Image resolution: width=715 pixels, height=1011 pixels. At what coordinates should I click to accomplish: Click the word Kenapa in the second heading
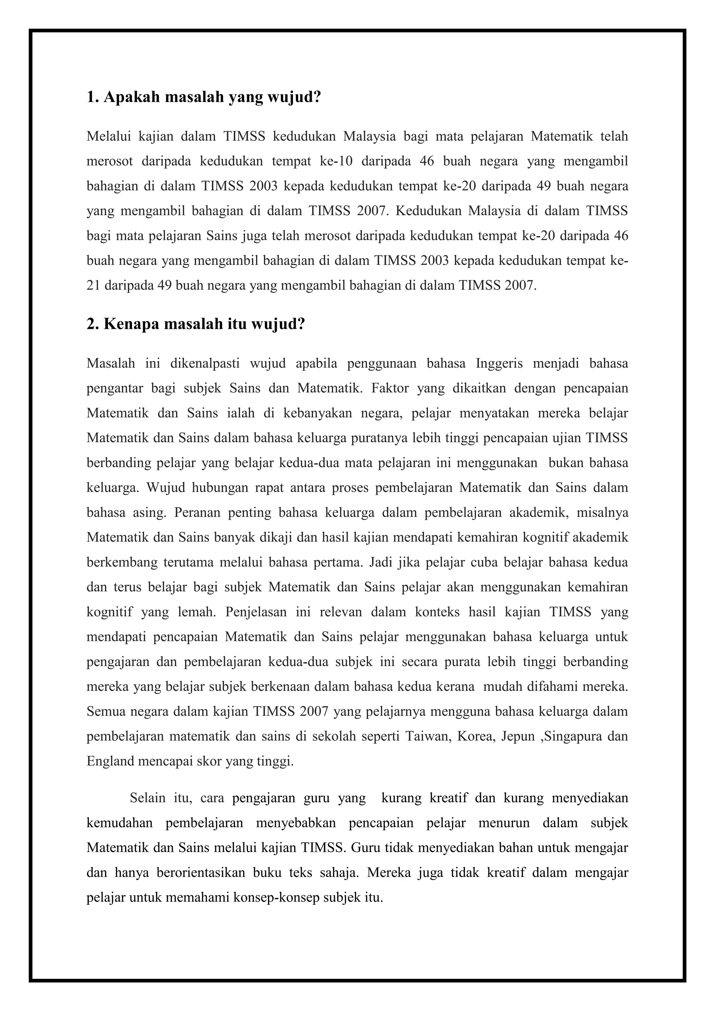click(131, 325)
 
